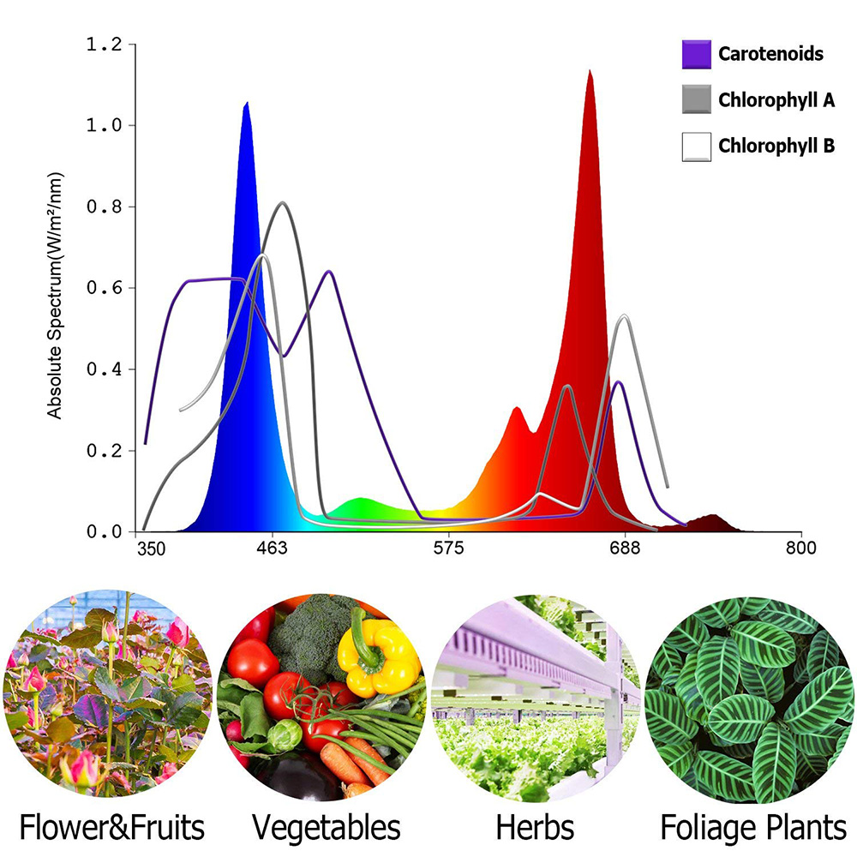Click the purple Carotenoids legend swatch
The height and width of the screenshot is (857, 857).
click(x=696, y=54)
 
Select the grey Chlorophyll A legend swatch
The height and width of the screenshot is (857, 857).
click(x=696, y=99)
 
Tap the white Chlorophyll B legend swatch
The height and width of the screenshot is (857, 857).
click(x=696, y=147)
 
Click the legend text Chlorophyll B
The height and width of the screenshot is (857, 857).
click(x=776, y=146)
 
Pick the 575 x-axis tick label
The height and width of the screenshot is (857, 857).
click(x=448, y=548)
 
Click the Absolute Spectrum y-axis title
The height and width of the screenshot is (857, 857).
click(x=56, y=294)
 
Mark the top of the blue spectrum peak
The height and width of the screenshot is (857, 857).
click(x=246, y=104)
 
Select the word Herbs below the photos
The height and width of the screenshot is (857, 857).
click(x=535, y=828)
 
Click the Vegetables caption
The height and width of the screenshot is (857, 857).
click(x=326, y=828)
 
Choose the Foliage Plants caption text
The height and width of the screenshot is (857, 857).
click(x=752, y=828)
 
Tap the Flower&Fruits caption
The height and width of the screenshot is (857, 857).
click(x=112, y=828)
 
